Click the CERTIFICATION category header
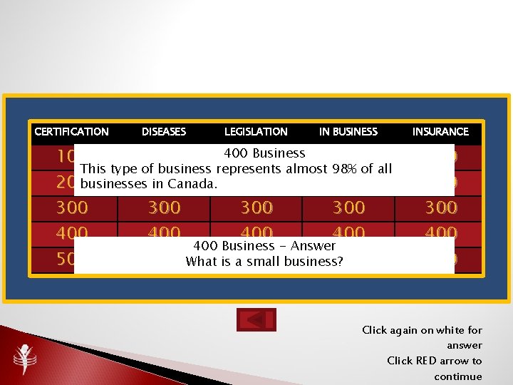click(x=71, y=132)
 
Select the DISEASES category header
click(x=164, y=132)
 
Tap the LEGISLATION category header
click(x=256, y=132)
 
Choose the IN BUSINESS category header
click(x=348, y=132)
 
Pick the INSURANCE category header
click(x=440, y=132)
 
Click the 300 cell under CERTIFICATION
click(x=72, y=207)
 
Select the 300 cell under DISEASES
click(x=164, y=207)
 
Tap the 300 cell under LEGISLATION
click(x=256, y=207)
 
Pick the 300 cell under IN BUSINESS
click(x=348, y=207)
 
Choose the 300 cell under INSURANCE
click(x=441, y=207)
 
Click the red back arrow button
click(x=256, y=319)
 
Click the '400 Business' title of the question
click(x=264, y=153)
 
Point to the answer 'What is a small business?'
click(x=264, y=262)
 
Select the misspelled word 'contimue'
click(x=458, y=376)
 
